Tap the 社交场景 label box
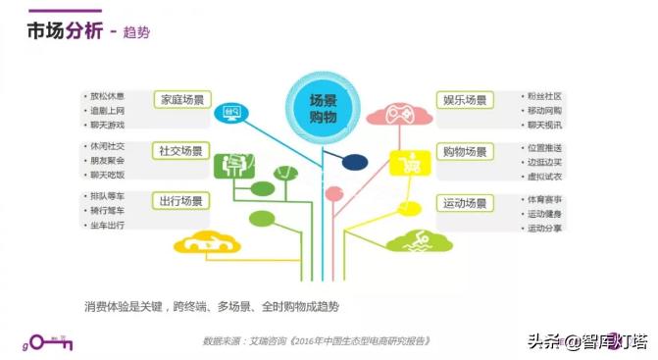click(x=180, y=151)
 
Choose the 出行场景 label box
click(x=180, y=201)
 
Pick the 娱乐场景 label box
click(x=465, y=100)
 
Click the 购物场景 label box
click(x=465, y=151)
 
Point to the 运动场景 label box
click(x=465, y=203)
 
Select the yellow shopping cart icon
click(x=404, y=163)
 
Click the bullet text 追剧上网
click(x=108, y=111)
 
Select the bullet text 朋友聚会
click(x=108, y=160)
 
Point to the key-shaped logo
click(x=47, y=342)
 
